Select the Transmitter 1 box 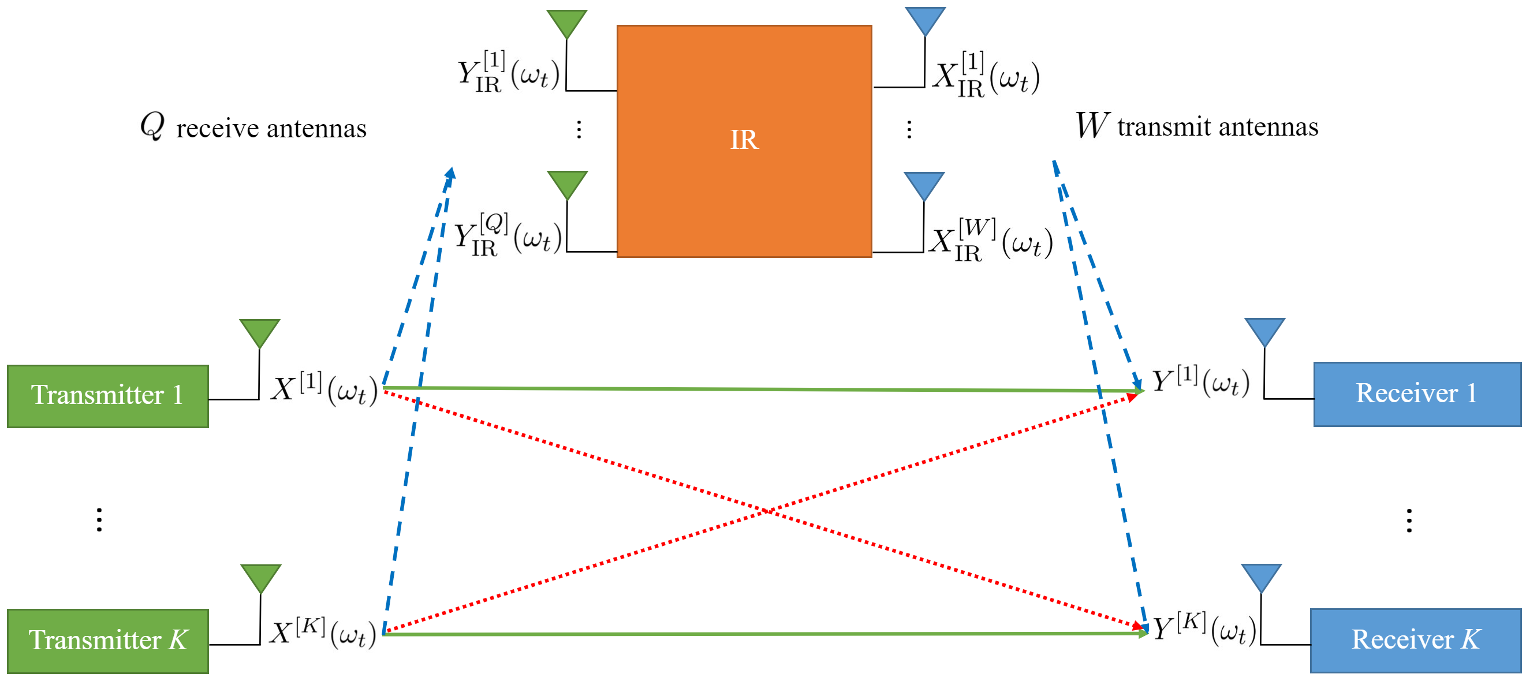pos(108,396)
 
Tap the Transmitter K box pos(108,641)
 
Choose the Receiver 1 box pos(1416,394)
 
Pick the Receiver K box pos(1415,641)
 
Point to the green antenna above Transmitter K pos(260,578)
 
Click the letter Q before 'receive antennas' pos(152,126)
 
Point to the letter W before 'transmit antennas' pos(1091,125)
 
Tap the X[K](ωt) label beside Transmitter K pos(323,633)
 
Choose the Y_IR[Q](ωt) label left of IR pos(508,235)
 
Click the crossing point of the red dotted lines pos(767,511)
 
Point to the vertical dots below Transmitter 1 pos(99,520)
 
